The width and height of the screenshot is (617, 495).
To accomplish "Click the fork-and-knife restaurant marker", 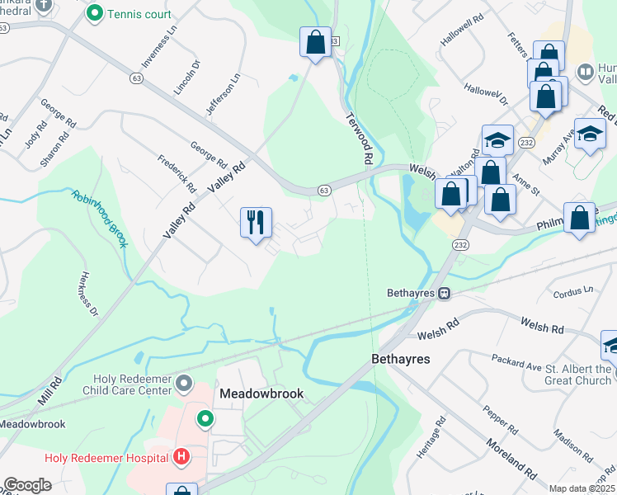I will [x=256, y=222].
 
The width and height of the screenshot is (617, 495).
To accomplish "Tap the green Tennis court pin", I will [x=95, y=13].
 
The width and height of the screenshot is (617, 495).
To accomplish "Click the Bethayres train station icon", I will [x=444, y=293].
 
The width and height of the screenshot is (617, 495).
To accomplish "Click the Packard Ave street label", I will [x=535, y=360].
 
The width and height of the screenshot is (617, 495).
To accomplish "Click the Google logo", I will [x=28, y=485].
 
